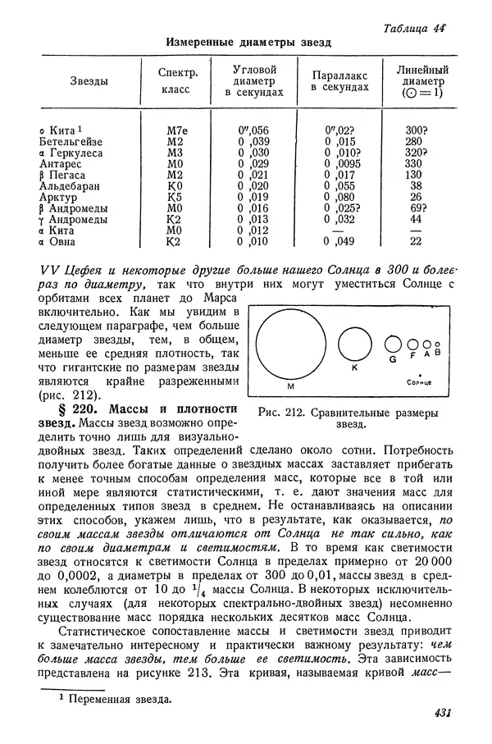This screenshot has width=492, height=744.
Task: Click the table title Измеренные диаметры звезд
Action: coord(248,43)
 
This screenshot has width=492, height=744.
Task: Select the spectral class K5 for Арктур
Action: coord(173,197)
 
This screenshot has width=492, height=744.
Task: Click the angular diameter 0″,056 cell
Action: coord(253,130)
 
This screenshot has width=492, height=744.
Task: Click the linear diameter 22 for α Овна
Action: coord(416,241)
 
